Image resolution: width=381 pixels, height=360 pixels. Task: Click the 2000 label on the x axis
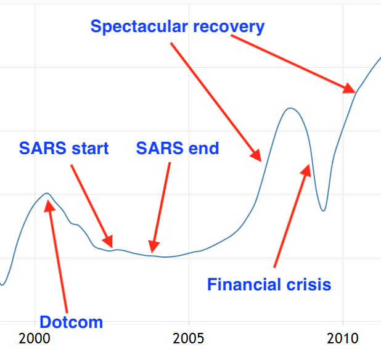coord(35,338)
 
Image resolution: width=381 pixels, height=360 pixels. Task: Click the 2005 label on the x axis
coord(188,338)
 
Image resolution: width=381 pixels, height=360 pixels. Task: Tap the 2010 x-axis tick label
coord(343,338)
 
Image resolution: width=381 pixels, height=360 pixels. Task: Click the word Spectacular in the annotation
coord(139,27)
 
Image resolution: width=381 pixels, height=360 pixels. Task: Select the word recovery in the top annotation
coord(229,27)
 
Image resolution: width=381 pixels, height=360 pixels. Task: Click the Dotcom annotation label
coord(71,322)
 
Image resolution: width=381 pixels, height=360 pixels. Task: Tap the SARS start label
coord(63,148)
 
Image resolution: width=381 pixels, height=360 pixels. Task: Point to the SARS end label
coord(178,148)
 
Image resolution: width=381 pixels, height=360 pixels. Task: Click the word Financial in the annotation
coord(245,284)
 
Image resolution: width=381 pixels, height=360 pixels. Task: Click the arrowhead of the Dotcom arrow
coord(49,205)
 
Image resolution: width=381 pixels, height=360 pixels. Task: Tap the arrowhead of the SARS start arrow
coord(108,242)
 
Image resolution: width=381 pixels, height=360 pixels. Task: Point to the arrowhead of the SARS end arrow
coord(154,247)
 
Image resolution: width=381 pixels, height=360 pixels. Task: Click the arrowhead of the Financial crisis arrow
coord(306,170)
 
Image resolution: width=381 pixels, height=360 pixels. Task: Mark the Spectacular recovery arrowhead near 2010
coord(350,88)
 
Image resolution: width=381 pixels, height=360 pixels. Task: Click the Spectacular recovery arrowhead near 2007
coord(256,155)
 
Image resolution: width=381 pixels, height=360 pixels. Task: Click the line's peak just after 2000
coord(47,194)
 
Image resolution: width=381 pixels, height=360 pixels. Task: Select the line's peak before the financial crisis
coord(290,108)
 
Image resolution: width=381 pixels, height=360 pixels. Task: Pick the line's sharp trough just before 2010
coord(323,211)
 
